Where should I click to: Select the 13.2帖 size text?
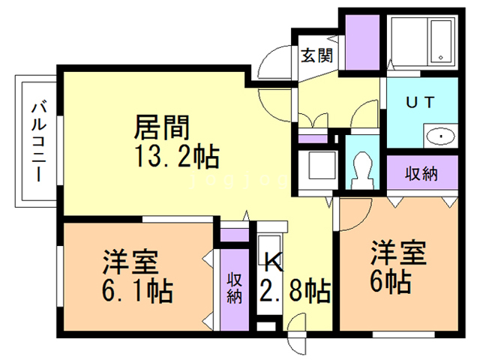[x=177, y=158]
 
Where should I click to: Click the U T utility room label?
[x=419, y=104]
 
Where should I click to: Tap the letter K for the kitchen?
[x=274, y=262]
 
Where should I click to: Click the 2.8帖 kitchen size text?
[x=295, y=290]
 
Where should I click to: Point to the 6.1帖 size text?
[x=137, y=290]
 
